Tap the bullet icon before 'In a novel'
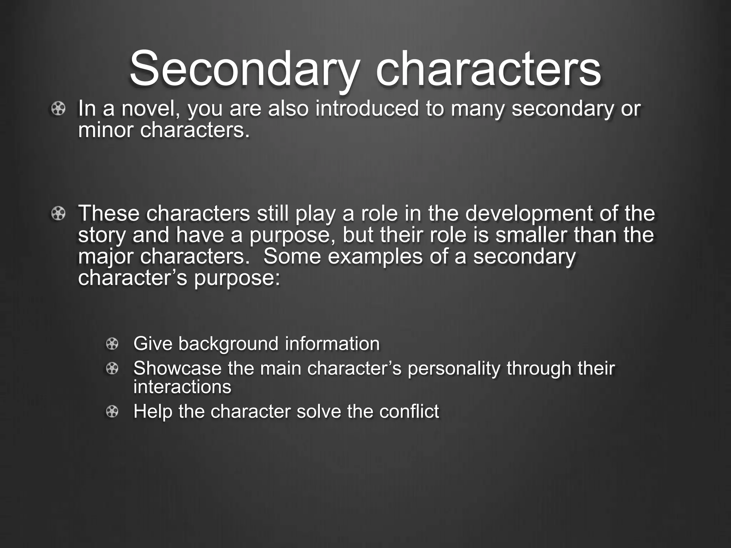(58, 108)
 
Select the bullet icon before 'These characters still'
(58, 214)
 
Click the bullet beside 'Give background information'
(112, 344)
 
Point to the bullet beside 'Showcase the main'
(112, 369)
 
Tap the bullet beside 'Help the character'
(112, 412)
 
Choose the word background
(228, 344)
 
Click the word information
(332, 344)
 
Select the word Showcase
(177, 369)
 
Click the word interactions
(182, 387)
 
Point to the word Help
(153, 412)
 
